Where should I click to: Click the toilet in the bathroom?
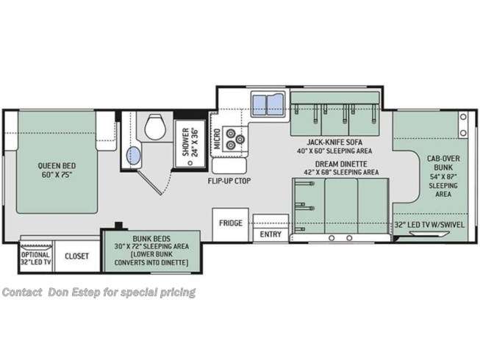tap(155, 126)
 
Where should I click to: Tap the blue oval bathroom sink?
tap(134, 155)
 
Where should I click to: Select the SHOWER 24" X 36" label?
tap(190, 143)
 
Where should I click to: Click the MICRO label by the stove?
tap(217, 139)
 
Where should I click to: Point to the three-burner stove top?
tap(234, 139)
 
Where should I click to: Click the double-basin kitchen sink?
tap(268, 104)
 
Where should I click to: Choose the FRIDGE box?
tap(231, 225)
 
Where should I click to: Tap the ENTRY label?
tap(271, 234)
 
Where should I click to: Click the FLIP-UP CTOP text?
tap(229, 181)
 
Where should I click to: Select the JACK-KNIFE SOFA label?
tap(334, 143)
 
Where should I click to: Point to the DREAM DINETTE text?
tap(341, 164)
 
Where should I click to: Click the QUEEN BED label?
tap(57, 166)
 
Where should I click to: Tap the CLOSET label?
tap(76, 256)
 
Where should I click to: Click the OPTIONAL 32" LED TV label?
tap(36, 259)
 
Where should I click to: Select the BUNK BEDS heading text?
tap(151, 239)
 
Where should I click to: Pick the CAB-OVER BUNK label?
tap(443, 162)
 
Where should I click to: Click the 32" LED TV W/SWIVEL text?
tap(429, 225)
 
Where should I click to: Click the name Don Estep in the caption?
tap(74, 292)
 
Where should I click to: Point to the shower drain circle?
tap(190, 163)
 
